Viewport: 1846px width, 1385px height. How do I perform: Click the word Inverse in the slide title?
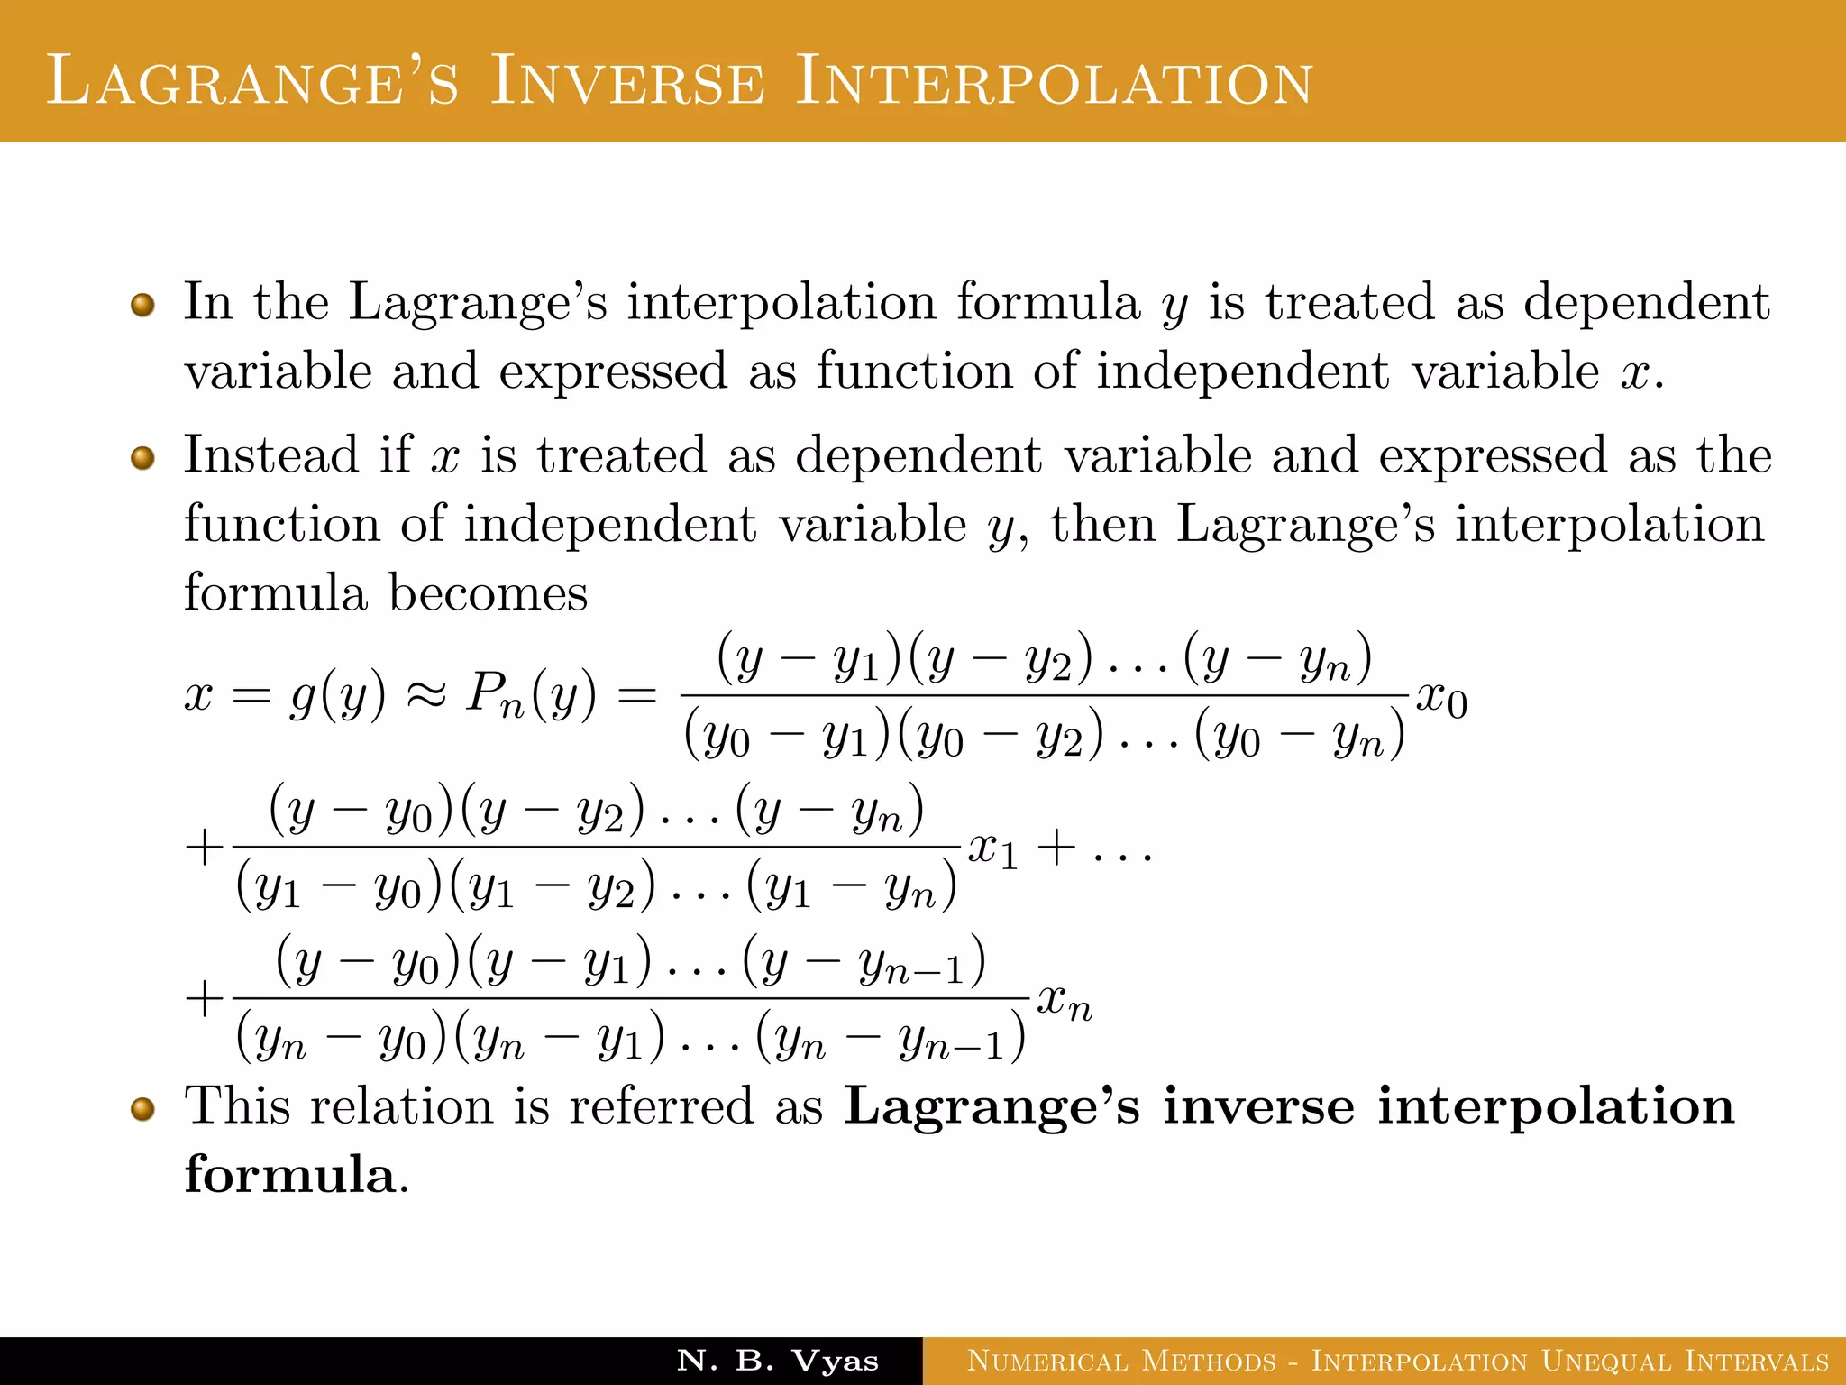coord(627,81)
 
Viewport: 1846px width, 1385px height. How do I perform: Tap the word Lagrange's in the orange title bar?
coord(252,81)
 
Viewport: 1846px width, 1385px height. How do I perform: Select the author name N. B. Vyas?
coord(777,1361)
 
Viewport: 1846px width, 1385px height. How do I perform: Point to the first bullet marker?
coord(142,305)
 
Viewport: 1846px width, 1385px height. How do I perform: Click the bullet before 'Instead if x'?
coord(142,458)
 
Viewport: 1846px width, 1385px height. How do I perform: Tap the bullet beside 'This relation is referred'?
coord(142,1109)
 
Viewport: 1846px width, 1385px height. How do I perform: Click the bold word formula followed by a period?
coord(290,1174)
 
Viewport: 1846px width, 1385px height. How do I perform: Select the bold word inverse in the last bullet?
coord(1258,1106)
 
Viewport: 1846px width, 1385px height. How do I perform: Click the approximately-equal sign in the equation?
coord(425,696)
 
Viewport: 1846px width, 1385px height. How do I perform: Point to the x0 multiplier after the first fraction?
coord(1441,700)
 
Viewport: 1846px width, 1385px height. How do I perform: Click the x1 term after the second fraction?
coord(992,850)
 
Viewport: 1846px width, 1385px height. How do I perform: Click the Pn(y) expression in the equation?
coord(531,696)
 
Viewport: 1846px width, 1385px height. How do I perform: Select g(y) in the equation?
coord(337,696)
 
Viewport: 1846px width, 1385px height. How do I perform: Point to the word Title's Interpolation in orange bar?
coord(1054,81)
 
